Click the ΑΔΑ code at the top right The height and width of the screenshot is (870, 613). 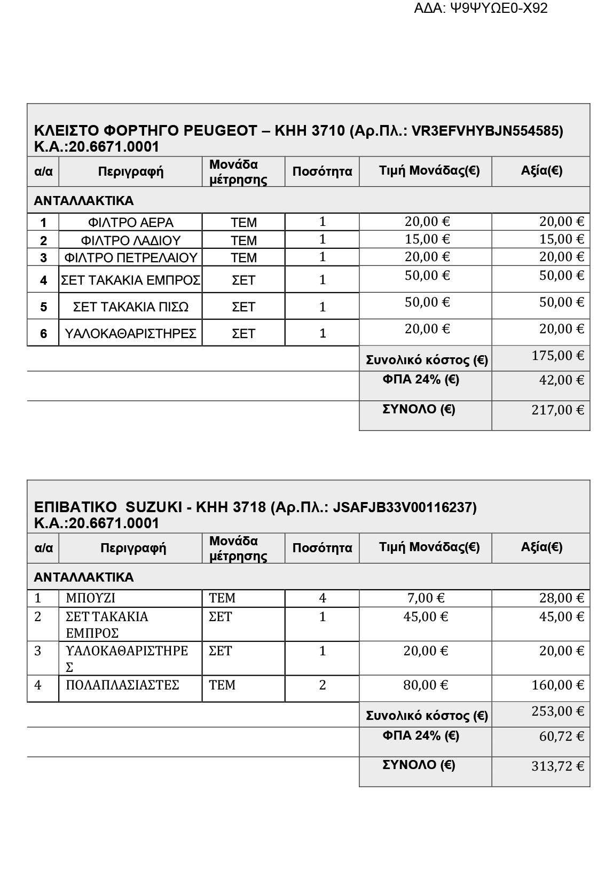pyautogui.click(x=481, y=9)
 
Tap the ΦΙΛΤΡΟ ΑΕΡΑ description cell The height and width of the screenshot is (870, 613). pyautogui.click(x=130, y=223)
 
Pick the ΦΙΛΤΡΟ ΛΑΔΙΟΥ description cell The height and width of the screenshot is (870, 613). pyautogui.click(x=130, y=240)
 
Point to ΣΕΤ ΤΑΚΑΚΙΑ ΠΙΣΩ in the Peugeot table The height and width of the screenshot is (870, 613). pyautogui.click(x=130, y=307)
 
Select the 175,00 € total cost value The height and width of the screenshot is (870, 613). pyautogui.click(x=557, y=356)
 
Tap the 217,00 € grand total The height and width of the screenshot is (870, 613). pyautogui.click(x=557, y=410)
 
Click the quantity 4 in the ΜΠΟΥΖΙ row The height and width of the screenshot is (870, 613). pyautogui.click(x=322, y=598)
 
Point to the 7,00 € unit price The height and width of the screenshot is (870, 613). pyautogui.click(x=426, y=598)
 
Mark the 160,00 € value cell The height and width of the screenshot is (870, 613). pyautogui.click(x=557, y=685)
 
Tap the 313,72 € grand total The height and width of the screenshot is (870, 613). pyautogui.click(x=557, y=766)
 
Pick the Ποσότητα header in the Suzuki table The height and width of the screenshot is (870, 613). pyautogui.click(x=322, y=548)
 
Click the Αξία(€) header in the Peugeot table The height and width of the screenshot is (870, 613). pyautogui.click(x=541, y=171)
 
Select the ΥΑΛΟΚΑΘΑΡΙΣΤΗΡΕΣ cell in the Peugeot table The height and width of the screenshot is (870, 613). pyautogui.click(x=130, y=334)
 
